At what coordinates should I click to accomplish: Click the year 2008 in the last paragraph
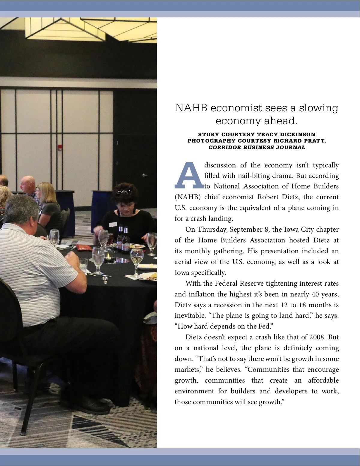tap(316, 337)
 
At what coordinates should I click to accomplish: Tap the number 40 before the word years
tap(315, 294)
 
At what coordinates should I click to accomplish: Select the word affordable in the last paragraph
tap(323, 380)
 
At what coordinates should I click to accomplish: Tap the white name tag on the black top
tap(113, 224)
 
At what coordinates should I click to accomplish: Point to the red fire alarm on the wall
tap(60, 147)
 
